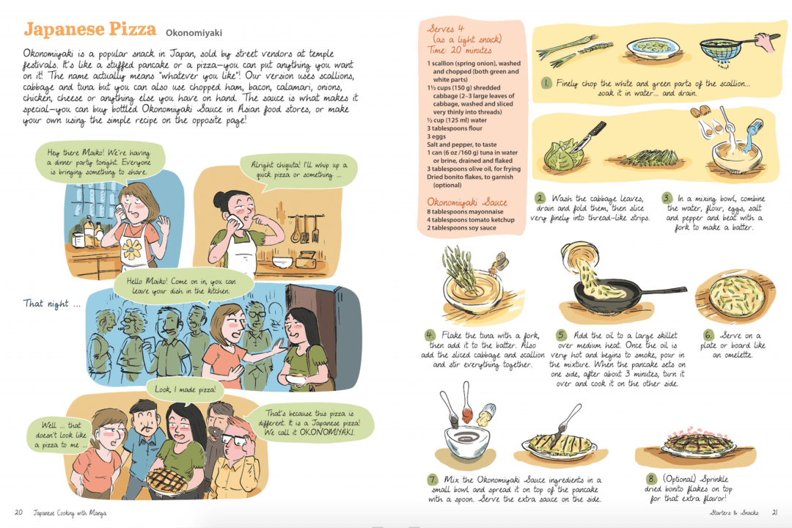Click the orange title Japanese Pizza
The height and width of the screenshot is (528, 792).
coord(89,30)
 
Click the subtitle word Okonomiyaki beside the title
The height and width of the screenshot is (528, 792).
coord(194,33)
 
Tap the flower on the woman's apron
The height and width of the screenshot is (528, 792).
coord(132,250)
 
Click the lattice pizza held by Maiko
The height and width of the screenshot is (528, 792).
coord(167,480)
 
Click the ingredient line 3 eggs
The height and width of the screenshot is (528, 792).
coord(437,136)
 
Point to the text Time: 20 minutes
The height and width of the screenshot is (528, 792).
coord(459,51)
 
